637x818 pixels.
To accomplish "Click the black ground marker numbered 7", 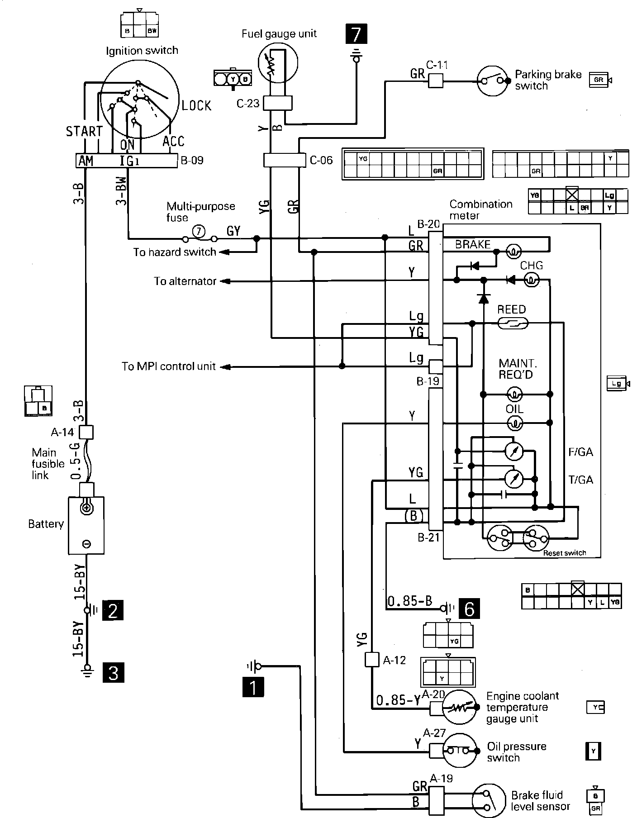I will (x=356, y=34).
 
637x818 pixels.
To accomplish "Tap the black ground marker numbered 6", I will (x=469, y=609).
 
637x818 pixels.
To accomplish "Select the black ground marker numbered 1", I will (x=253, y=688).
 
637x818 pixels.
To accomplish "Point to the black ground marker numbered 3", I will (x=113, y=672).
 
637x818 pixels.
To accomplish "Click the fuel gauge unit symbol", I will (x=278, y=63).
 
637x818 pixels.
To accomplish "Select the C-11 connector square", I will (x=435, y=81).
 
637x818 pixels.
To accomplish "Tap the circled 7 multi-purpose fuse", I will (x=199, y=232).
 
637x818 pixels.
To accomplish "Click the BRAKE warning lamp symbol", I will (x=513, y=252).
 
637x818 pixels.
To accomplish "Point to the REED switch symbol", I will (x=512, y=323).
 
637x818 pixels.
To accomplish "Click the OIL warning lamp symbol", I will (x=514, y=423).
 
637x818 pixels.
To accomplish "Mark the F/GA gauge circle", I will (x=513, y=451).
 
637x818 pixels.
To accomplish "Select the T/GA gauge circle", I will (x=513, y=478).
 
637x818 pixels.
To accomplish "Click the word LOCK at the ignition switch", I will (x=196, y=106).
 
